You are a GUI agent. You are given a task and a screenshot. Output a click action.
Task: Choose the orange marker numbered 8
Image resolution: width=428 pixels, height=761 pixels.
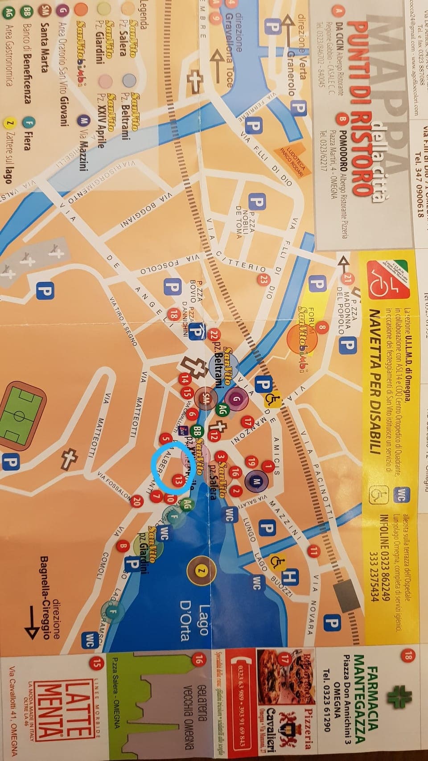[x=323, y=328]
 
